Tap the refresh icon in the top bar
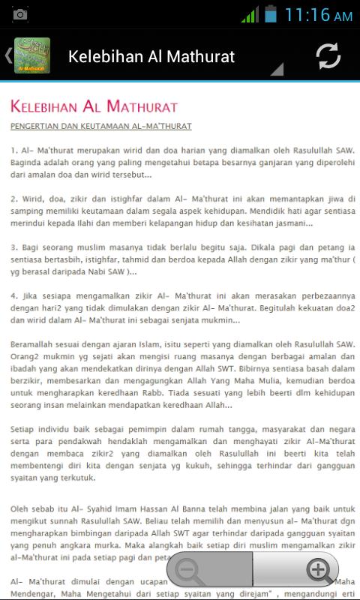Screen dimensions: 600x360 coord(328,56)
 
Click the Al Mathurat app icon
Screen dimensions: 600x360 coord(32,55)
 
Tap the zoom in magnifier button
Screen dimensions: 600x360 coord(319,571)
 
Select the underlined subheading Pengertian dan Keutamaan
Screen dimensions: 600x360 coord(101,126)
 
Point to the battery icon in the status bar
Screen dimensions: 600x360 coord(270,14)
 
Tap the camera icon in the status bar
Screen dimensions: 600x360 coord(20,15)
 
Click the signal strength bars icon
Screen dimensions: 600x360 coord(250,14)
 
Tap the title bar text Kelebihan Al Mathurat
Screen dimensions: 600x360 coord(151,56)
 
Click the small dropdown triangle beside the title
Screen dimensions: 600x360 coord(276,70)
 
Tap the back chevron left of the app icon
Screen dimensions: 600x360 coord(7,55)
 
